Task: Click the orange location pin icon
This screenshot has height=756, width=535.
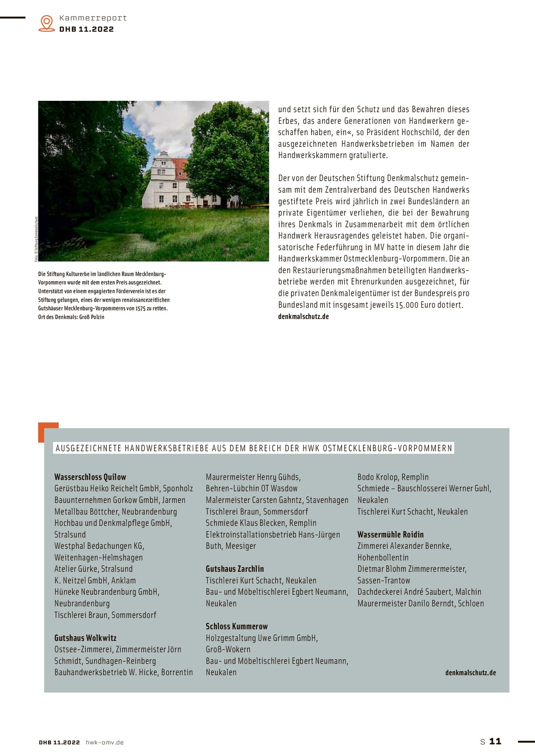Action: coord(47,23)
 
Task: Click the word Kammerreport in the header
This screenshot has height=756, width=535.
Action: coord(93,18)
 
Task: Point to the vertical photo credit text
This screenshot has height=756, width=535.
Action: coord(36,239)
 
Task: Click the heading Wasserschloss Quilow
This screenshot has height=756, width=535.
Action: coord(90,477)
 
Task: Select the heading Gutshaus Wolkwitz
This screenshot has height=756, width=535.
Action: coord(86,638)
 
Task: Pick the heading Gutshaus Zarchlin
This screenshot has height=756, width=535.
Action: coord(235,569)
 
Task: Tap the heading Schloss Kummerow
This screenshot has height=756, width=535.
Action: coord(237,626)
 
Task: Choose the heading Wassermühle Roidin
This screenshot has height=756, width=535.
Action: coord(391,535)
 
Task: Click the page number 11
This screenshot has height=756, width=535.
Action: coord(495,741)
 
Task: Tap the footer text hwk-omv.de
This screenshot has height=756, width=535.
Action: coord(104,742)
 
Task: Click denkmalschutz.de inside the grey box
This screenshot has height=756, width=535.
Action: coord(470,673)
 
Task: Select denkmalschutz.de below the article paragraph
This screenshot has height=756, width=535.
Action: coord(303,317)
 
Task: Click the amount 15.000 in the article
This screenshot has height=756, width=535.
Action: coord(407,305)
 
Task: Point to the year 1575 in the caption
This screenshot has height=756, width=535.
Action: coord(140,308)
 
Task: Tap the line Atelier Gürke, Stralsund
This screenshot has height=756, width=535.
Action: coord(94,569)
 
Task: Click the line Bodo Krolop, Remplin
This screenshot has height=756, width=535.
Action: coord(393,477)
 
